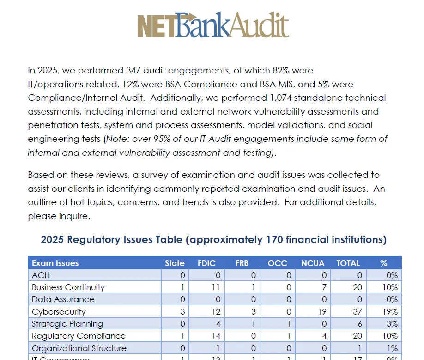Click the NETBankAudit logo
pos(213,24)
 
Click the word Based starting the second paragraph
pos(40,175)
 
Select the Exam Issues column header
pos(55,263)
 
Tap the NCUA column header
pos(313,263)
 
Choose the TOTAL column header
pos(348,263)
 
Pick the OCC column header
pos(277,263)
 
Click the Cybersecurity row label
pos(59,312)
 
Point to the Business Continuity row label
pos(68,287)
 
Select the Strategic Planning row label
pos(67,324)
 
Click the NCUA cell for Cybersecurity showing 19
pos(321,312)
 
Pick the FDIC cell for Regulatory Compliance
pos(216,336)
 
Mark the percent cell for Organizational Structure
pos(392,348)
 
